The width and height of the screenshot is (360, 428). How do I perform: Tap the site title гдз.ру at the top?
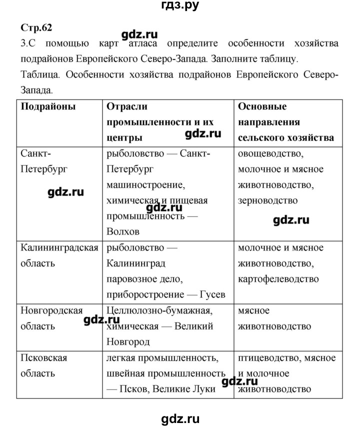179,7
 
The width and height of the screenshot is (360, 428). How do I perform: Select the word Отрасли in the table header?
127,106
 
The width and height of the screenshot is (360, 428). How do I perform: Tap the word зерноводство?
268,200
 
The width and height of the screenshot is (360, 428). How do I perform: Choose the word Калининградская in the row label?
59,247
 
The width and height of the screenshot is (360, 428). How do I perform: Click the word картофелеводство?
278,279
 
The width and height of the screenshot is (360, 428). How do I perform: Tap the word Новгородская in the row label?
51,310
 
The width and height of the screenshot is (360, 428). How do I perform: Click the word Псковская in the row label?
44,357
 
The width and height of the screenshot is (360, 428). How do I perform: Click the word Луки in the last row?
203,389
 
